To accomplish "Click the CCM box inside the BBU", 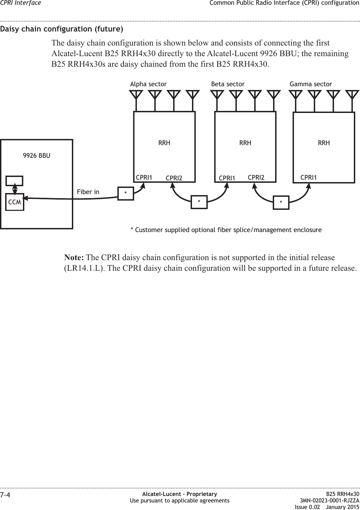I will [15, 202].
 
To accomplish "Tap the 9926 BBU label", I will [37, 156].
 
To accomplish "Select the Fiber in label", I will [88, 192].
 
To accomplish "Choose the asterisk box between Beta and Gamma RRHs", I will [281, 202].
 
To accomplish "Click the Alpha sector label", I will [149, 84].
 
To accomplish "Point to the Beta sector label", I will [228, 84].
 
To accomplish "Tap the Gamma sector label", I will [311, 84].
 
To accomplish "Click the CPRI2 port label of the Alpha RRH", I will [174, 178].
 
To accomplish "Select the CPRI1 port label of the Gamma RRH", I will [309, 177].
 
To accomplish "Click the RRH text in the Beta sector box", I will [245, 143].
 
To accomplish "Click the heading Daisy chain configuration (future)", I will [62, 29].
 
